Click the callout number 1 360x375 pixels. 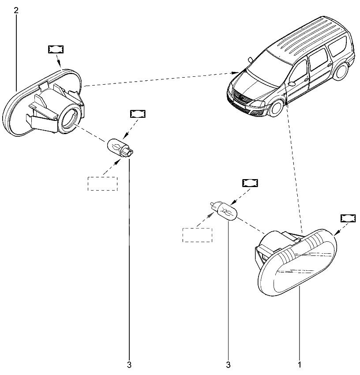tap(300, 365)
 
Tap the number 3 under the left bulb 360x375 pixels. tap(129, 365)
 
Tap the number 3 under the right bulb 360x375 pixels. tap(228, 365)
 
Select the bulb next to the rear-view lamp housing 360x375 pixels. tap(120, 146)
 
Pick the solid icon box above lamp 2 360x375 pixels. tap(55, 49)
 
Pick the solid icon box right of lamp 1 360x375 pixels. tap(348, 218)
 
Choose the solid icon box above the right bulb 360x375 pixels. tap(250, 183)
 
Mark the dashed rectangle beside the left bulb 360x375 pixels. tap(103, 183)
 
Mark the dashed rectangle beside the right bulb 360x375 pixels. tap(197, 235)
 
